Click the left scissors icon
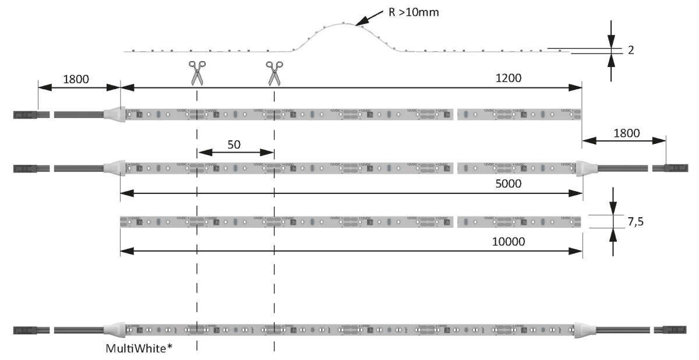coord(197,73)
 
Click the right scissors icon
coord(274,73)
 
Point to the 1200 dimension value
coord(509,77)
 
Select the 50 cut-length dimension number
coord(234,144)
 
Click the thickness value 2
coord(631,50)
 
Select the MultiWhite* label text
coord(139,348)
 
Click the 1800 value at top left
coord(76,79)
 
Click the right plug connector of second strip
coord(666,168)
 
